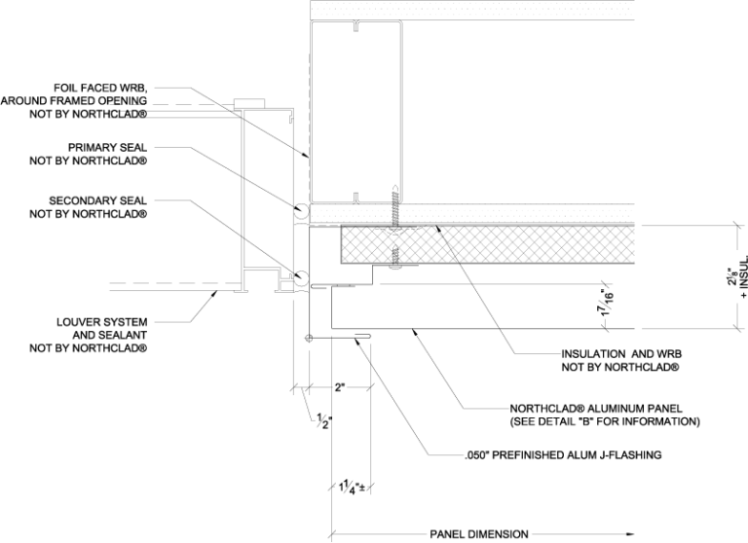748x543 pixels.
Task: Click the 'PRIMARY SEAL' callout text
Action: pyautogui.click(x=108, y=148)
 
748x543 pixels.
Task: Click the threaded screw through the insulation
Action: pyautogui.click(x=394, y=229)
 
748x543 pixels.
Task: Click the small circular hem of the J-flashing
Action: pyautogui.click(x=309, y=338)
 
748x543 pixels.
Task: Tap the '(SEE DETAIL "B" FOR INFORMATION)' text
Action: pyautogui.click(x=604, y=422)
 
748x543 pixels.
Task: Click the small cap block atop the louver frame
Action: pyautogui.click(x=250, y=102)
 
